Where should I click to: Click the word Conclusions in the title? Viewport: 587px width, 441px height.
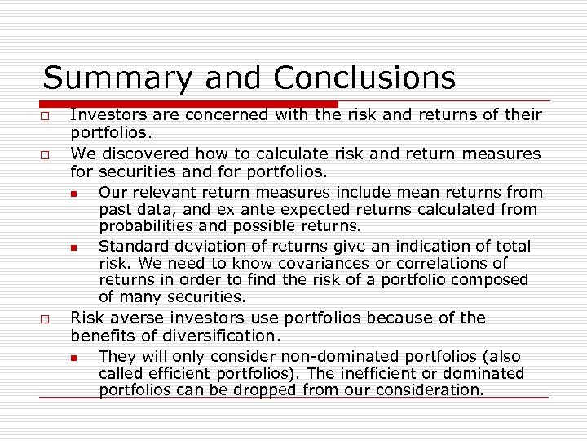[364, 78]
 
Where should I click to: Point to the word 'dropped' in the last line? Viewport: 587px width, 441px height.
[265, 390]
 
